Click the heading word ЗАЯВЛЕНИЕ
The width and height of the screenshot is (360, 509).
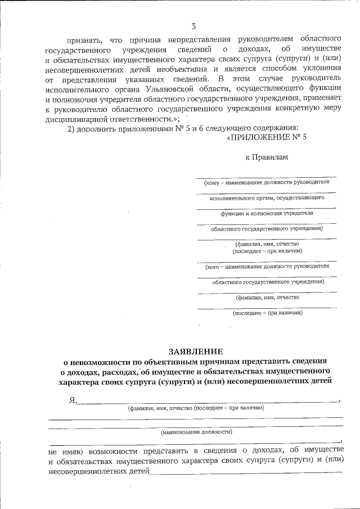(x=196, y=351)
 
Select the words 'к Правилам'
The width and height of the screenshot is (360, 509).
(x=267, y=157)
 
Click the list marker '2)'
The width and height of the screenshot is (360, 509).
(x=71, y=130)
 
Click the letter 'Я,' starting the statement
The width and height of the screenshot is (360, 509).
(x=72, y=400)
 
